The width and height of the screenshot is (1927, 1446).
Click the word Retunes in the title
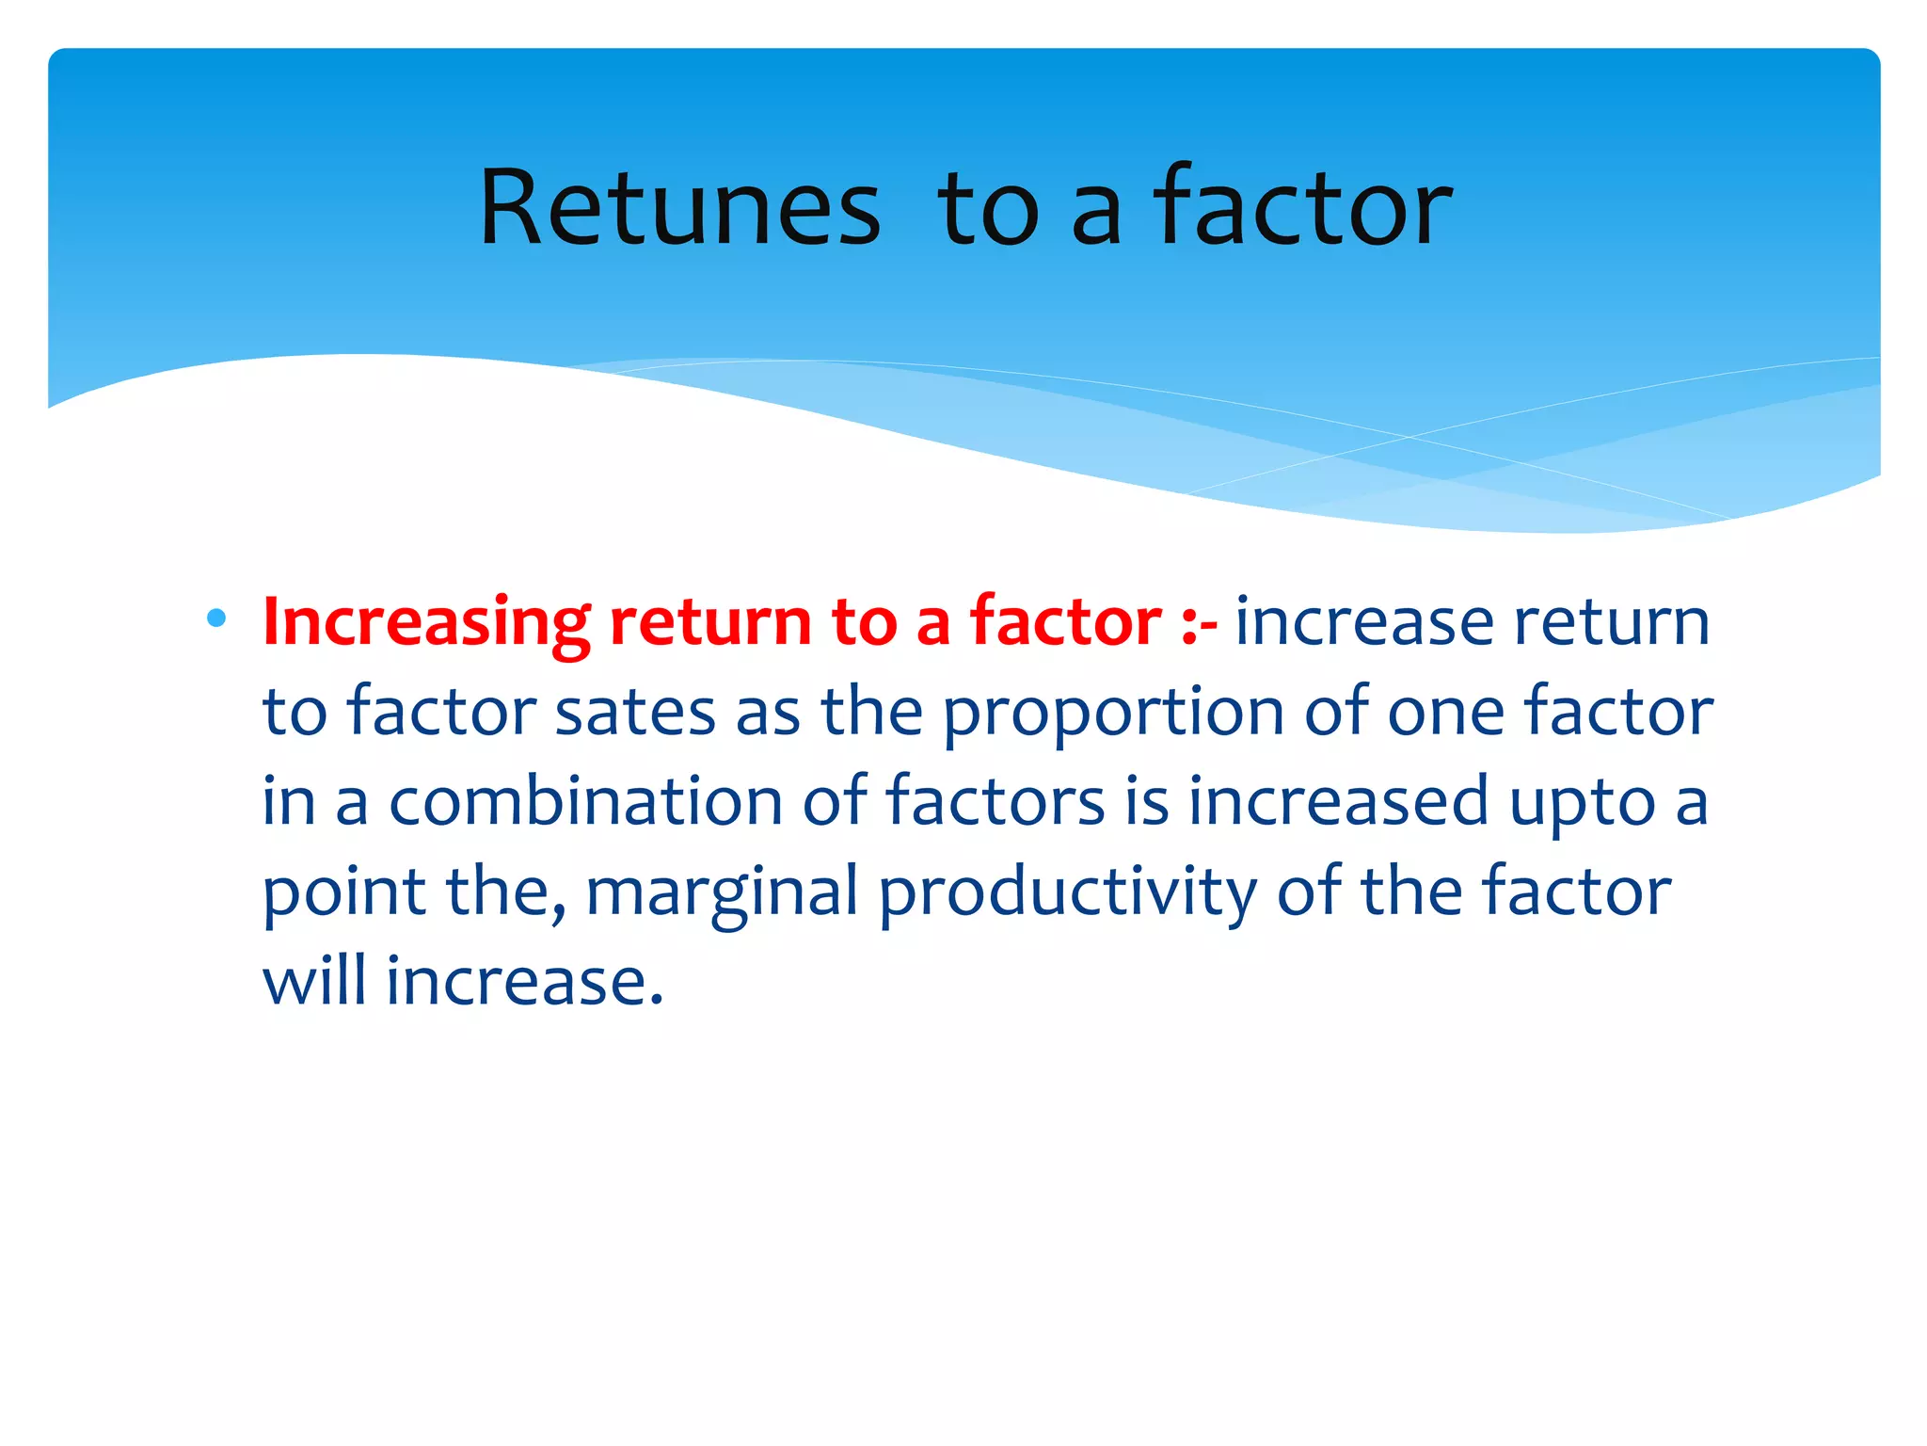[680, 208]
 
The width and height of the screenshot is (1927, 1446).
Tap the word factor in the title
[1302, 208]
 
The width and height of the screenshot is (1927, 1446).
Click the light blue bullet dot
[216, 619]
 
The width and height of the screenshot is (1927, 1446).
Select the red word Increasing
[425, 623]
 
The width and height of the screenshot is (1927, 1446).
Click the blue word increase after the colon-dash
[1364, 623]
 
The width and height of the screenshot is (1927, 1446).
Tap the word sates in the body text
[635, 713]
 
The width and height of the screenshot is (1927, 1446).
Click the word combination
[586, 802]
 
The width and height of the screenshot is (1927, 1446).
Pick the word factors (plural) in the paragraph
[995, 802]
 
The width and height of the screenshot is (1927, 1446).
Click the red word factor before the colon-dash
[1066, 623]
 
